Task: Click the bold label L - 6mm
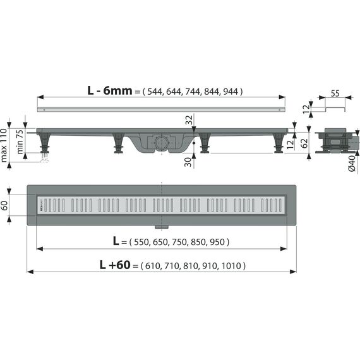110,91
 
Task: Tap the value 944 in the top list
231,92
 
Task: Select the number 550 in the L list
141,242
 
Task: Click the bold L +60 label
115,265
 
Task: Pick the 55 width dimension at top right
335,93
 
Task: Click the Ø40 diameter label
352,163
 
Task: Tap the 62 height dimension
304,143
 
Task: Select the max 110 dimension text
4,145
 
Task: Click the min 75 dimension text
20,141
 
